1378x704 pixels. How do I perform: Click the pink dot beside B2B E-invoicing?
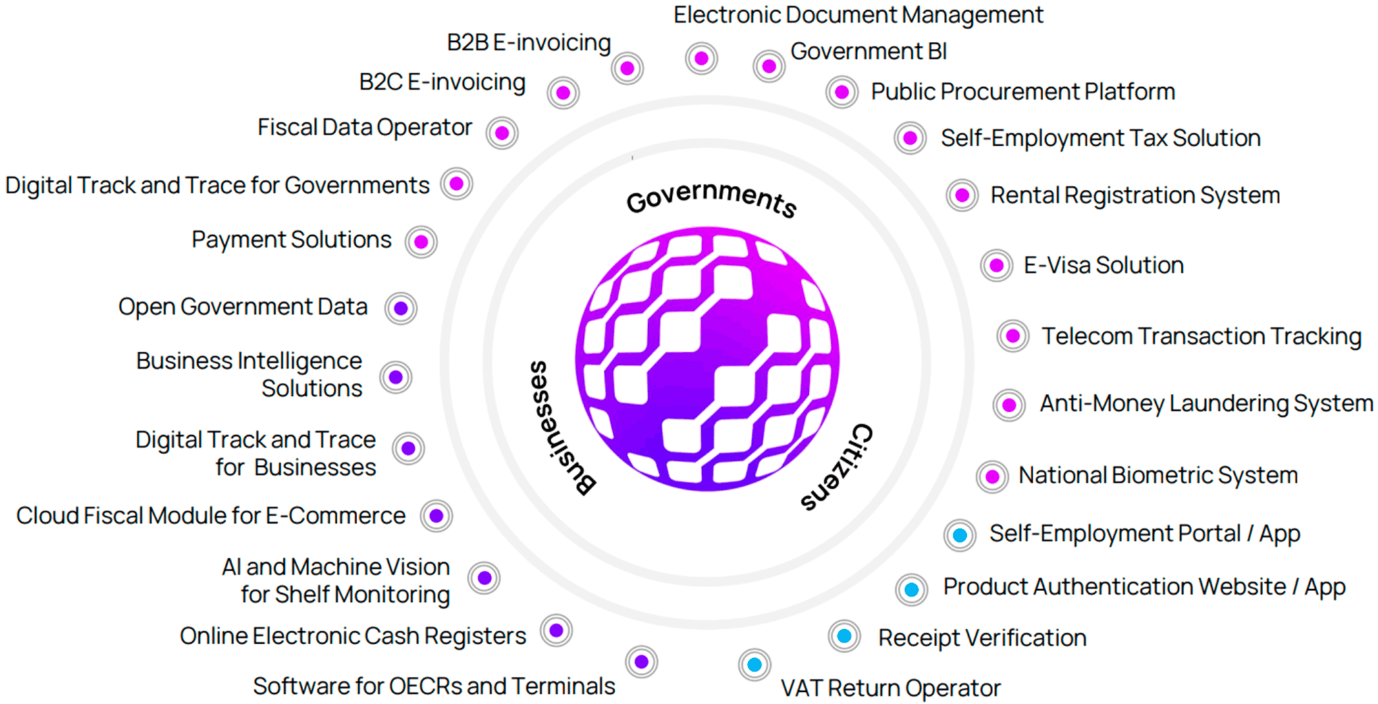627,68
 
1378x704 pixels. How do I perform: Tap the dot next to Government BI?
768,66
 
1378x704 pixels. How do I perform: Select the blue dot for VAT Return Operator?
754,665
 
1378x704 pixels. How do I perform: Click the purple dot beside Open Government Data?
400,308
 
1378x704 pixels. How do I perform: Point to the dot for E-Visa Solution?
996,265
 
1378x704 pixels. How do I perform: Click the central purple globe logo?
707,359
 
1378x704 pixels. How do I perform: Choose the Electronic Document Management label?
857,15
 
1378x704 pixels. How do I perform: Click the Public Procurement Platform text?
1022,92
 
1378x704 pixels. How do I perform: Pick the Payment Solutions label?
291,240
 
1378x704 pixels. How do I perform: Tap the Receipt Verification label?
982,638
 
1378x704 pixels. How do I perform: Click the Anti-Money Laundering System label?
1206,403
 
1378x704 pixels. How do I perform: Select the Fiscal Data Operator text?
365,127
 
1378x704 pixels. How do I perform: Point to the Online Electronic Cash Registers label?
352,636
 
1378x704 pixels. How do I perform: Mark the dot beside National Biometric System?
992,476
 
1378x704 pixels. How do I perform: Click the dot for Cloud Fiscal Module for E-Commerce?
436,516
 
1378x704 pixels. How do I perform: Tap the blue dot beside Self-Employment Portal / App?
959,535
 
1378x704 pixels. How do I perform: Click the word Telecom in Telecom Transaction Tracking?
1083,336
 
